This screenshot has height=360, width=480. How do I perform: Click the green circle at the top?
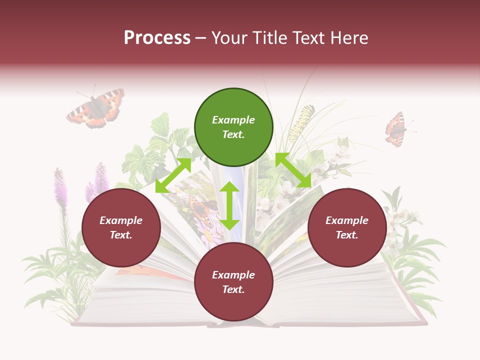pyautogui.click(x=233, y=127)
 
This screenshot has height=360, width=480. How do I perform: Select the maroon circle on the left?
pyautogui.click(x=121, y=228)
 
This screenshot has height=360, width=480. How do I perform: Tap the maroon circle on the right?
pyautogui.click(x=347, y=228)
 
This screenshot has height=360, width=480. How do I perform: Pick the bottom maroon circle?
pyautogui.click(x=233, y=282)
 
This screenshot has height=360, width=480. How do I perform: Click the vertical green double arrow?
pyautogui.click(x=229, y=205)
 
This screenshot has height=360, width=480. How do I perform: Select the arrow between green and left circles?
pyautogui.click(x=173, y=175)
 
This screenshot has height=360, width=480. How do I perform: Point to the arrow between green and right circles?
pyautogui.click(x=293, y=170)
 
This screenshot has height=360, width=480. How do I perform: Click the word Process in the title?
pyautogui.click(x=157, y=38)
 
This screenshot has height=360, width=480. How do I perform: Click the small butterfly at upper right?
pyautogui.click(x=396, y=129)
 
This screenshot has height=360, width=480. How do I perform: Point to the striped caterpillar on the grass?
pyautogui.click(x=300, y=122)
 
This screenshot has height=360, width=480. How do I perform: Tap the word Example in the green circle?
pyautogui.click(x=233, y=120)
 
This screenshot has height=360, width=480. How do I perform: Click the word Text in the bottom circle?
pyautogui.click(x=233, y=289)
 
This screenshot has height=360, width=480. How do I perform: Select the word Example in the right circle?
pyautogui.click(x=347, y=220)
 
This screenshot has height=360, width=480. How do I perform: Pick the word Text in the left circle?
pyautogui.click(x=121, y=235)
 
